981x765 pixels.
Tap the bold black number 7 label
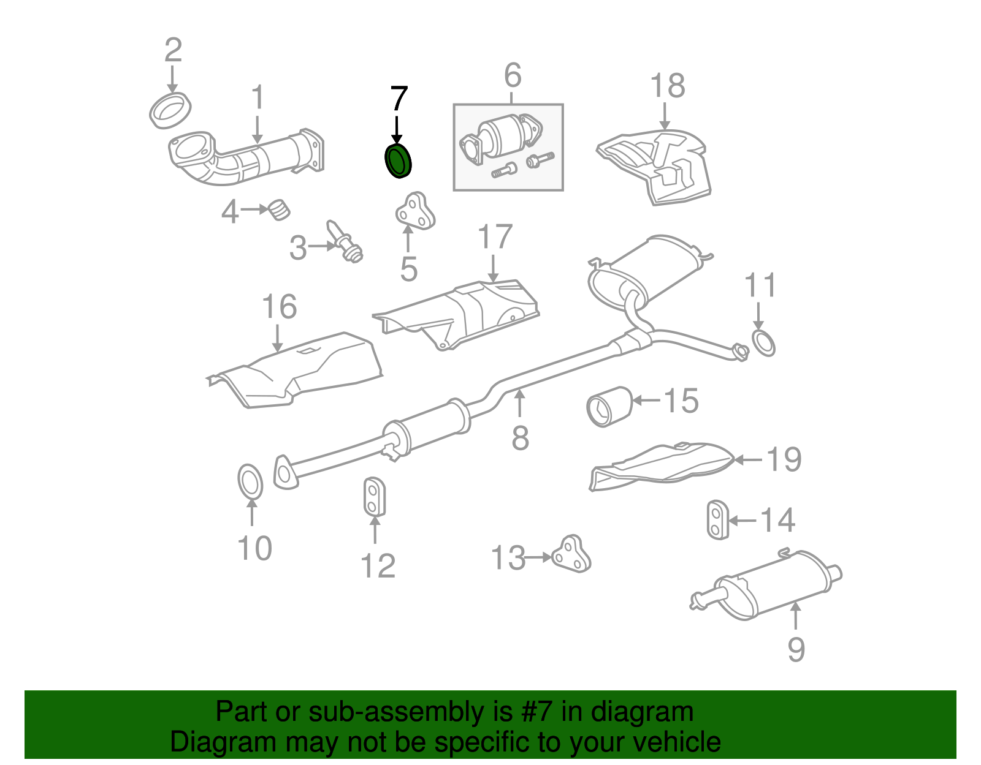[x=399, y=99]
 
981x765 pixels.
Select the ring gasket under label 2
[x=170, y=111]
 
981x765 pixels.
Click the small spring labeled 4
[x=280, y=209]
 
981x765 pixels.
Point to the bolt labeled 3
[x=346, y=243]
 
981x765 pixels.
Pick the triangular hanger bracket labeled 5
[x=415, y=212]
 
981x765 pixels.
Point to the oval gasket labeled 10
[x=250, y=482]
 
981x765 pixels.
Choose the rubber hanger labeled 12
[x=373, y=497]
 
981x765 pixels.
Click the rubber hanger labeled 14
[x=716, y=521]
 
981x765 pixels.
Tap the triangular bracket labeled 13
[x=571, y=554]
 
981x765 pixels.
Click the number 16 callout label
[x=279, y=307]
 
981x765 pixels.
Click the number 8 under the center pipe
[x=520, y=438]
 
